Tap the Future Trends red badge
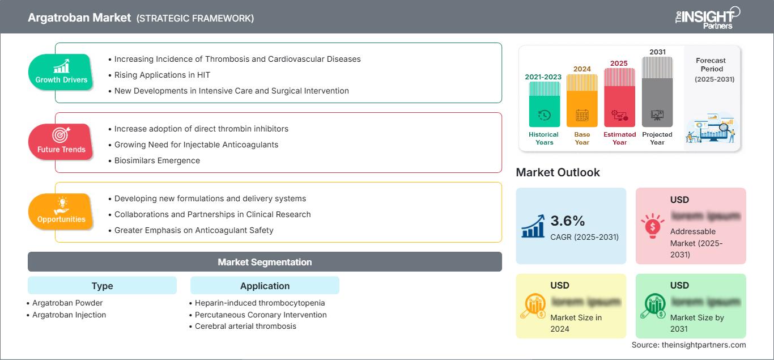(61, 142)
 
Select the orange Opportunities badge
(61, 211)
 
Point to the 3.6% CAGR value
(568, 221)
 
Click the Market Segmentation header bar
(265, 262)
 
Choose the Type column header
(102, 286)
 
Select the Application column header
(265, 286)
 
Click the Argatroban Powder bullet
(67, 303)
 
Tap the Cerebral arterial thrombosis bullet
(245, 326)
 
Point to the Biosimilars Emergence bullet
(157, 160)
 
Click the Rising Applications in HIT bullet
(162, 75)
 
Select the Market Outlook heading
(558, 172)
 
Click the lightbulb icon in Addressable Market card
(652, 226)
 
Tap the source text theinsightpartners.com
(688, 345)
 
